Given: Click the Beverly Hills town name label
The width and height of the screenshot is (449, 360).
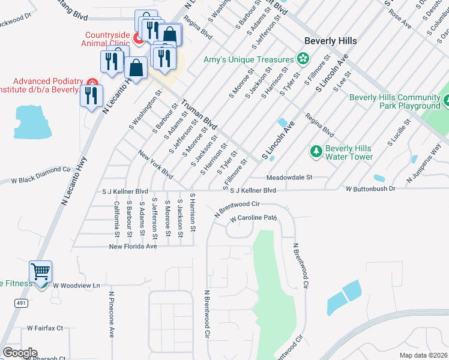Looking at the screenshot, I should [330, 41].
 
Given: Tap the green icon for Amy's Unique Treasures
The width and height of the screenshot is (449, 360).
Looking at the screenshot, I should [303, 59].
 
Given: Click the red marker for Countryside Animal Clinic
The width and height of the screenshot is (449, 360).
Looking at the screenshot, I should [137, 40].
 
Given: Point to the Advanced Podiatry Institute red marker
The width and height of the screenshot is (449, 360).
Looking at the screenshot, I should [91, 82].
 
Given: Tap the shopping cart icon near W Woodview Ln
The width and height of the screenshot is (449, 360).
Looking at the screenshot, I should [40, 272].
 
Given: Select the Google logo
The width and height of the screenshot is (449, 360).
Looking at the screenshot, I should [20, 353].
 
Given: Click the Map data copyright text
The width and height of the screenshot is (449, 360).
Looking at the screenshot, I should [424, 355].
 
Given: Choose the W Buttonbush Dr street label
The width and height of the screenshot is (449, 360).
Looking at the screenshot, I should [370, 189].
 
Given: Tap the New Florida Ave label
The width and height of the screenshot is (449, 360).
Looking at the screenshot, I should [133, 246].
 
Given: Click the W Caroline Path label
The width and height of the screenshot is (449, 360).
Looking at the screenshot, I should [254, 218].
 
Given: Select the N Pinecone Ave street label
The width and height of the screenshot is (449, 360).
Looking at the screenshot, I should [112, 315].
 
